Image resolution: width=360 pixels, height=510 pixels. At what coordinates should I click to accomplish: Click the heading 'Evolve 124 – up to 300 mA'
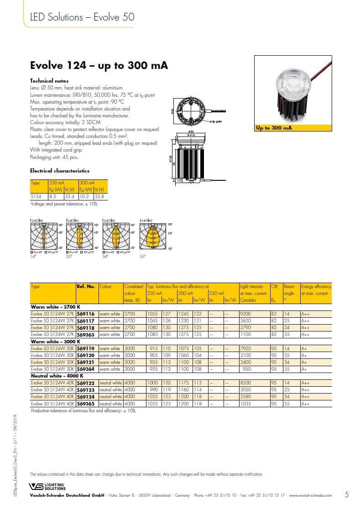click(99, 65)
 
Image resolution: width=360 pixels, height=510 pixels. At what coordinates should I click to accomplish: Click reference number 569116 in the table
click(86, 314)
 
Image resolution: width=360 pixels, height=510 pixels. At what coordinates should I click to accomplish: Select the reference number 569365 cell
click(86, 404)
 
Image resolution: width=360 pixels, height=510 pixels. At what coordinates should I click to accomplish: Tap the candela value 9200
click(246, 314)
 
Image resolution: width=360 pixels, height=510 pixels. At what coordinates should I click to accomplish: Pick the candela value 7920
click(246, 348)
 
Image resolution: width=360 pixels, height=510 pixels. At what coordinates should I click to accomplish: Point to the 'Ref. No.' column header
click(86, 287)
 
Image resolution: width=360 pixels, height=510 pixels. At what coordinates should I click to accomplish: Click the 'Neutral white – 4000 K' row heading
click(56, 376)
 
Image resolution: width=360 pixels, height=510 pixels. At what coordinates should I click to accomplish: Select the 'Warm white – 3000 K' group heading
click(55, 341)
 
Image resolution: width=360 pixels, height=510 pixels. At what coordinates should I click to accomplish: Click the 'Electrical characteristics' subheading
click(59, 171)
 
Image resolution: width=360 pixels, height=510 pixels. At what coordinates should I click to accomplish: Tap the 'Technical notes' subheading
click(48, 80)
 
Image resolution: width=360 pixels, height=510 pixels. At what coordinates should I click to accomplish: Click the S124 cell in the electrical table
click(36, 196)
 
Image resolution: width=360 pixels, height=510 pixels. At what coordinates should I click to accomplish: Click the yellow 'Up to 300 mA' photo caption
click(274, 128)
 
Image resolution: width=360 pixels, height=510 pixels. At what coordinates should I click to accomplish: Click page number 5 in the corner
click(347, 494)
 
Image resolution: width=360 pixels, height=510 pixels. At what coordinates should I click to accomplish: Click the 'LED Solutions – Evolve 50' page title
click(82, 17)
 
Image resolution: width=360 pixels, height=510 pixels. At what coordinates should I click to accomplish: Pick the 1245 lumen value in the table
click(183, 314)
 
